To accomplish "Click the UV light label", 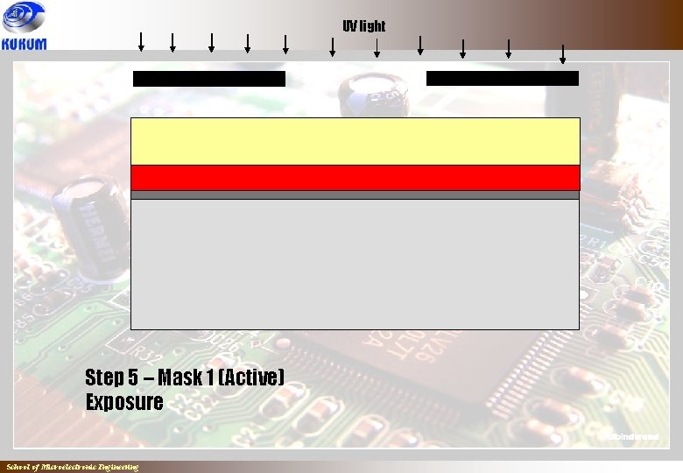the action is tap(363, 26).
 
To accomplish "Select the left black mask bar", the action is tap(209, 79).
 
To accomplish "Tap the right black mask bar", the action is tap(503, 79).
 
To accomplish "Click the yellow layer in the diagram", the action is tap(356, 141).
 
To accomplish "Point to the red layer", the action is tap(356, 178).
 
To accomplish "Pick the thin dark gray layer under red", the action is tap(356, 195).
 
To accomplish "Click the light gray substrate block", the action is tap(356, 264).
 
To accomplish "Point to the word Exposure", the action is tap(124, 403).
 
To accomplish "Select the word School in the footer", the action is tap(17, 468).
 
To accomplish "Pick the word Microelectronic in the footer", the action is tap(66, 468).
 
